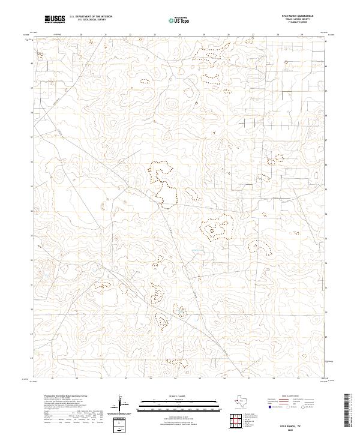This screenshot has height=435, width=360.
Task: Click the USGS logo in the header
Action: click(55, 19)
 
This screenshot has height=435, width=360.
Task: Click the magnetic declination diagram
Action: click(122, 403)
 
